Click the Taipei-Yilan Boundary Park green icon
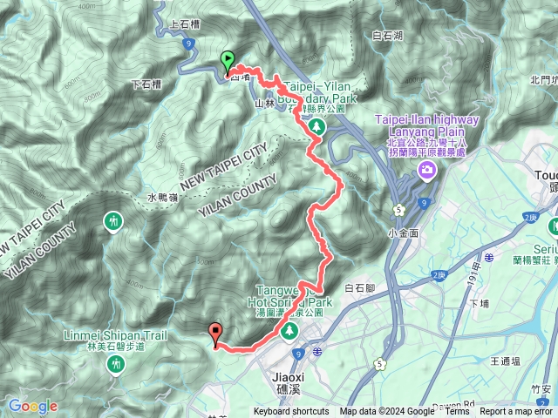[317, 128]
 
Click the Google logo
[33, 406]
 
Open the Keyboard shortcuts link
[291, 412]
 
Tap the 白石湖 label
[387, 36]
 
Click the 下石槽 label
[146, 84]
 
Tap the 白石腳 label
[360, 287]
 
